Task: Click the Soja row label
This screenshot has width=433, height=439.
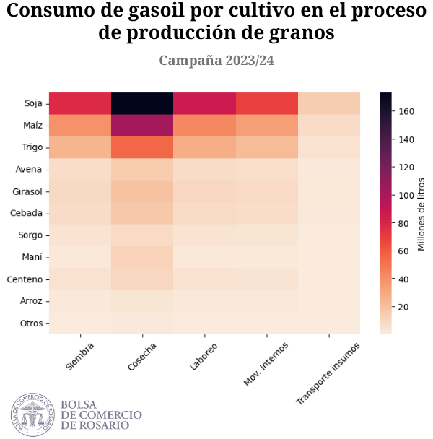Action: pyautogui.click(x=33, y=103)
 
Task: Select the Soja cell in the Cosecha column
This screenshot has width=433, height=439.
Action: pyautogui.click(x=142, y=103)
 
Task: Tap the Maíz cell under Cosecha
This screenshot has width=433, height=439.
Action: pyautogui.click(x=142, y=126)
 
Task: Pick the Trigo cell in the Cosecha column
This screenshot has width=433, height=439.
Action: pyautogui.click(x=142, y=147)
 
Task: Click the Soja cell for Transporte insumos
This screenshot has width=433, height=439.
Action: pyautogui.click(x=329, y=103)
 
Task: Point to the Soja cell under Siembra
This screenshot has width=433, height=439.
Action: pyautogui.click(x=80, y=103)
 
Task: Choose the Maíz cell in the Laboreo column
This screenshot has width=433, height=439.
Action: pyautogui.click(x=204, y=126)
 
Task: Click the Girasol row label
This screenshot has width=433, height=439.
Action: pyautogui.click(x=28, y=191)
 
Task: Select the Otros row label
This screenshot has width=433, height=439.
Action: pyautogui.click(x=32, y=323)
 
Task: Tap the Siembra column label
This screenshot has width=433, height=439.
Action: pyautogui.click(x=80, y=355)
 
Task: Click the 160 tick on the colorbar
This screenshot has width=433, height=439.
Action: pyautogui.click(x=406, y=111)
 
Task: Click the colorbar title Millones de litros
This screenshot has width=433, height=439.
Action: pyautogui.click(x=422, y=213)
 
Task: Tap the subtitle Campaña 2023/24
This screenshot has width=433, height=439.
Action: pyautogui.click(x=216, y=61)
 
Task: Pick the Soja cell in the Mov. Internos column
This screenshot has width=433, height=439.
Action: pyautogui.click(x=267, y=103)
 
